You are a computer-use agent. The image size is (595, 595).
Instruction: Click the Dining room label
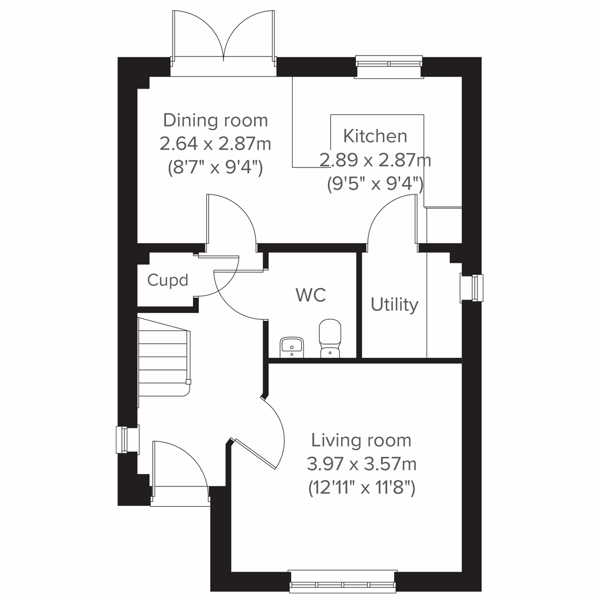pos(215,120)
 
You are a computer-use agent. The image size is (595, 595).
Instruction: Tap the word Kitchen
pos(375,136)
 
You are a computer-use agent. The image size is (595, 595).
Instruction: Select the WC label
pos(311,295)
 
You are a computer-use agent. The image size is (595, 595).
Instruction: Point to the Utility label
pos(394,304)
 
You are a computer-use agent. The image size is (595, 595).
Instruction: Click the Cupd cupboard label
pos(168,280)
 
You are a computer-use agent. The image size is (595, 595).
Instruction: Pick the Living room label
pos(361,440)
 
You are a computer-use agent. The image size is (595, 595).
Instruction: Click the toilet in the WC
pos(330,338)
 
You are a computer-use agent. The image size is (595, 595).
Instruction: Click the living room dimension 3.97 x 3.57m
pos(361,465)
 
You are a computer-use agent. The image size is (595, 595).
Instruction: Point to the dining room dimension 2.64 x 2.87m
pos(215,144)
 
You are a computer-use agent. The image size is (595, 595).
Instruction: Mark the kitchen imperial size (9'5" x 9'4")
pos(375,184)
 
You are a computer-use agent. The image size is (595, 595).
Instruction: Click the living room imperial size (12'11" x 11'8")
pos(361,488)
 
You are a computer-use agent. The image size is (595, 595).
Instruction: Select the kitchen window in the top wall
pos(389,63)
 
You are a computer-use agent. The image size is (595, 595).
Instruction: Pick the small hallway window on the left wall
pos(122,439)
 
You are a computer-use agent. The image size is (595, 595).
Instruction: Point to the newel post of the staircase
pos(188,382)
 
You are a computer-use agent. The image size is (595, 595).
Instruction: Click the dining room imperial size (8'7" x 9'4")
pos(215,168)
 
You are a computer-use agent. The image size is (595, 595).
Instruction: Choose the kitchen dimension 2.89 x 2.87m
pos(375,160)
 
